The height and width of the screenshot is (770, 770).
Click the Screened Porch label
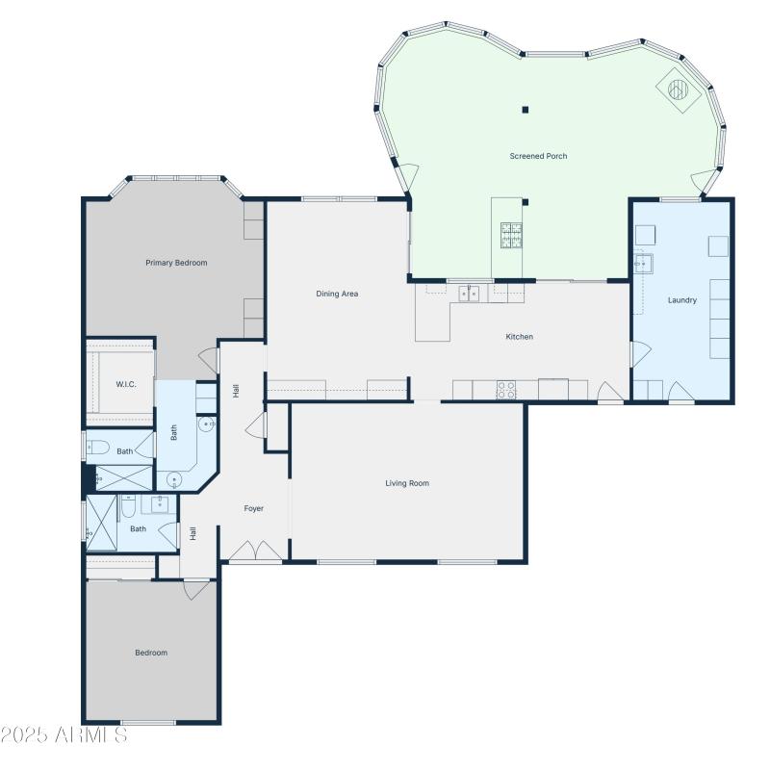(538, 156)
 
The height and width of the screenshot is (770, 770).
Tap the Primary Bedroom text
(176, 263)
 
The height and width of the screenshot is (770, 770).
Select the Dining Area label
(337, 294)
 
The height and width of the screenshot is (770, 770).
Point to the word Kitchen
(520, 337)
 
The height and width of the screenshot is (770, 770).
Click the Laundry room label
(681, 300)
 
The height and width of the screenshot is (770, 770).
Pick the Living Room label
(407, 483)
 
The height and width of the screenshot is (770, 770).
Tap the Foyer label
(253, 508)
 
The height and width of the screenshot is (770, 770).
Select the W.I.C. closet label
(126, 384)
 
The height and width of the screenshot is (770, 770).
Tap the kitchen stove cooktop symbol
(506, 389)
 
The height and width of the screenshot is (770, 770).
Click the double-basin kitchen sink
(469, 294)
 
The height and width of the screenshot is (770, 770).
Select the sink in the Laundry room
(643, 262)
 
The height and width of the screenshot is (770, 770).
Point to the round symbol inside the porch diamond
(679, 90)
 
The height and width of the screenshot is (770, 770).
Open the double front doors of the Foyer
(255, 552)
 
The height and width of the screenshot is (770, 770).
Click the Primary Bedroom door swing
(208, 360)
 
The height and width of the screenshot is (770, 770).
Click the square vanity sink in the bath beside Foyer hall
(159, 504)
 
